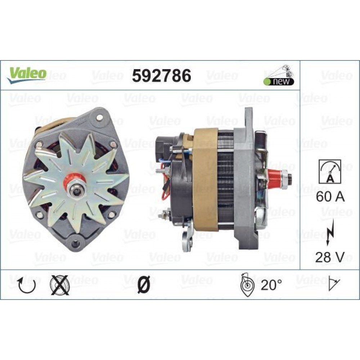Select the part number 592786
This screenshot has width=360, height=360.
click(x=162, y=76)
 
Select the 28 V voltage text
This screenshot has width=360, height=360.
click(x=330, y=257)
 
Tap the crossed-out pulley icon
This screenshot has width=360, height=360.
click(x=59, y=285)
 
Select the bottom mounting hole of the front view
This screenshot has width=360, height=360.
click(x=75, y=244)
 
